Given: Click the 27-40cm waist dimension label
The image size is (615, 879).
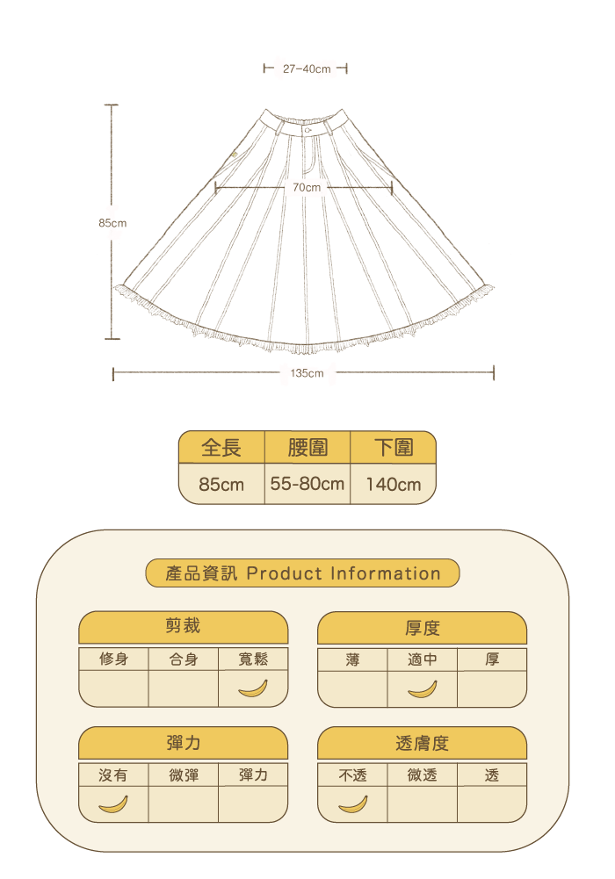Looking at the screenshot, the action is [307, 68].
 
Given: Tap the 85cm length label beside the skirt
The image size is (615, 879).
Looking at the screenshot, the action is [112, 223].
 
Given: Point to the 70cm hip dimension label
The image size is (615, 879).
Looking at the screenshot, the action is [307, 187].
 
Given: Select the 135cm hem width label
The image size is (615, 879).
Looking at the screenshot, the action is [307, 373].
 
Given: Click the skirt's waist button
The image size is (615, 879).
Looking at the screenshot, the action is [308, 128].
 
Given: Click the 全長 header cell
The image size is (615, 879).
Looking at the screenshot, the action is [221, 448].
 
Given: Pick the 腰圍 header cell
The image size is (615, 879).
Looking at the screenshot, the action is [307, 448].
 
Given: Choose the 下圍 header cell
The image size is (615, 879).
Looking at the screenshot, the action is [393, 448].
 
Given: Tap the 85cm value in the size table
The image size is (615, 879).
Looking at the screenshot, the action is [221, 484].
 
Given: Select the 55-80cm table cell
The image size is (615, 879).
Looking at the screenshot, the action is [307, 484].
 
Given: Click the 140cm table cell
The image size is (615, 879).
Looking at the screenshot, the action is [393, 484].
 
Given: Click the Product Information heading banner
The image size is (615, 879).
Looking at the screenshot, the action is [302, 573].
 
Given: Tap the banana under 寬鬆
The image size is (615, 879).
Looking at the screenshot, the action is [253, 688].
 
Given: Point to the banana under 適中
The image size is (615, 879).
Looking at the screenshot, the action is [422, 688].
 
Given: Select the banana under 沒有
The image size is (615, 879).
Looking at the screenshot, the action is [113, 803].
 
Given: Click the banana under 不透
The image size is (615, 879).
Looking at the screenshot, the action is [352, 803].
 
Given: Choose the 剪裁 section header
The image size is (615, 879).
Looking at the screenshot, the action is [184, 627].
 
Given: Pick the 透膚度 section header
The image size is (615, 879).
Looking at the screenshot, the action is [422, 743].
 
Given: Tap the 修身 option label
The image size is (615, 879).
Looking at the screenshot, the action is [113, 659].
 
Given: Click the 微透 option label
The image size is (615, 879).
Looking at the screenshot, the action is [422, 775].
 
